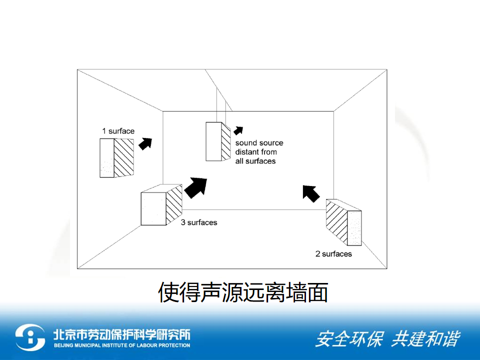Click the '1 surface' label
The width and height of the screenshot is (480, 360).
tap(118, 131)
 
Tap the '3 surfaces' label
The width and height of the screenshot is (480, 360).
tap(199, 222)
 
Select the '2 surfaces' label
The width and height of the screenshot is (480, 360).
tap(333, 254)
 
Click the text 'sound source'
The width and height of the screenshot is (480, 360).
tap(259, 142)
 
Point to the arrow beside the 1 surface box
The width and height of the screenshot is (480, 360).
tap(145, 143)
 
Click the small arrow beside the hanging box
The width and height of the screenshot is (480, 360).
tap(238, 130)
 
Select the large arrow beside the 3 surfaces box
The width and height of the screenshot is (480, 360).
tap(196, 187)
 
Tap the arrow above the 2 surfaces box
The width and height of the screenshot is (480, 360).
tap(310, 193)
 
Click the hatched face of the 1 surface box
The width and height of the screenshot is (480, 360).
tap(124, 157)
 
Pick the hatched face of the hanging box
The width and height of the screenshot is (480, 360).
tap(226, 141)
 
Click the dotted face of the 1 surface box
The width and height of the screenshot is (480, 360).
tap(107, 158)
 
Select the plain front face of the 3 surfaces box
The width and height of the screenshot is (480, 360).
tap(153, 209)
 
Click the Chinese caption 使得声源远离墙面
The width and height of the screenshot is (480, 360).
tap(243, 292)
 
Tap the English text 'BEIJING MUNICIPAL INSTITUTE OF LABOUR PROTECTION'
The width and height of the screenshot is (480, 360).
tap(122, 345)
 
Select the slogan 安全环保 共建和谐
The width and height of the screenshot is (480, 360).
tap(387, 339)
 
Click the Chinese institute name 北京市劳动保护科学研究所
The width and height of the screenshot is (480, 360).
tap(122, 334)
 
